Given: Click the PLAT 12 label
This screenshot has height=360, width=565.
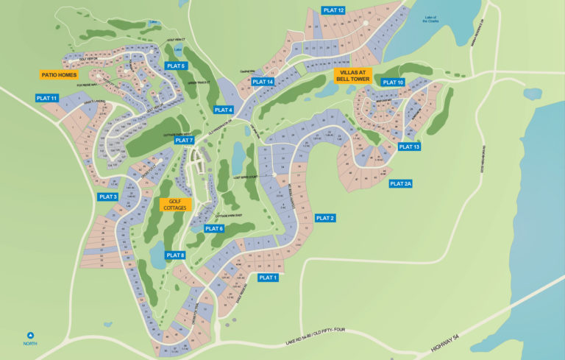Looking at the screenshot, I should tap(333, 10).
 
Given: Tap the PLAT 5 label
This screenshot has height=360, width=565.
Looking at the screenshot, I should tap(177, 66).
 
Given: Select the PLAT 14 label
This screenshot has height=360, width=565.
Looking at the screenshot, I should tap(262, 82).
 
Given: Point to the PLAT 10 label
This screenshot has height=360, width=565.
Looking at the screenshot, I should tap(393, 82).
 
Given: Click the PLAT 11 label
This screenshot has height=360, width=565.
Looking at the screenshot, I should tap(46, 98).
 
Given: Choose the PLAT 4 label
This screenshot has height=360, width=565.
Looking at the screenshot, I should tap(224, 110).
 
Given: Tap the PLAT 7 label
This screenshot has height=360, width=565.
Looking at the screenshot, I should tap(183, 140).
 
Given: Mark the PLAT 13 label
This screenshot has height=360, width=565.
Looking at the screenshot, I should tap(409, 147).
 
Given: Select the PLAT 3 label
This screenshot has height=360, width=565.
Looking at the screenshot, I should tap(107, 197).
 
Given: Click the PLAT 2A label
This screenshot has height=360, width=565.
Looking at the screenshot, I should tap(401, 183).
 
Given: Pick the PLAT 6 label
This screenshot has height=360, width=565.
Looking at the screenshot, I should tap(214, 229).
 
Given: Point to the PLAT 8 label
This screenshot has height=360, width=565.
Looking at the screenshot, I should tap(175, 255).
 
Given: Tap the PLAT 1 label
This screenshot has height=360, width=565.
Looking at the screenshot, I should tap(269, 278).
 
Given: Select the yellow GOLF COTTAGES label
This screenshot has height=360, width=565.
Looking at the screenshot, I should tap(175, 205).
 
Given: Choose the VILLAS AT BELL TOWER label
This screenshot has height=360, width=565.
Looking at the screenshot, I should tap(353, 74).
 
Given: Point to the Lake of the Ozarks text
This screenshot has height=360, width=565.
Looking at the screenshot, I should tap(430, 20).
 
